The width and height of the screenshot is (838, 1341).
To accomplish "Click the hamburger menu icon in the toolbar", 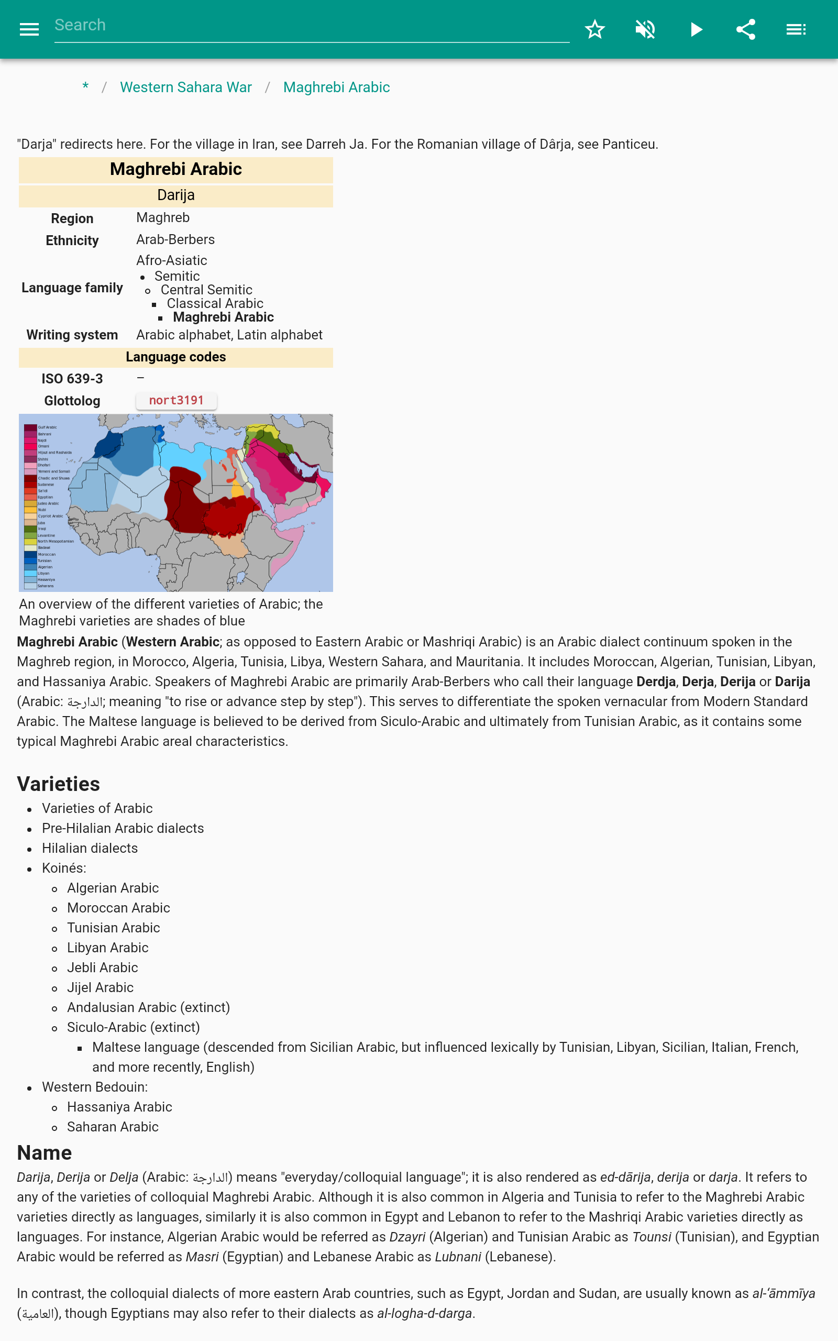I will pos(29,29).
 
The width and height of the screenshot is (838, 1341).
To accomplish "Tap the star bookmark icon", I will pos(594,29).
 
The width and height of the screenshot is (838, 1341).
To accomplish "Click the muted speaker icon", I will pos(645,29).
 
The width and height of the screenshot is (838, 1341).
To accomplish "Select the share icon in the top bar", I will pos(745,29).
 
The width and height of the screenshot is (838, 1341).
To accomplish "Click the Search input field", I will pos(311,26).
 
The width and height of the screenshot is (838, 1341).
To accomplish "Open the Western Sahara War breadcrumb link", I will pos(185,87).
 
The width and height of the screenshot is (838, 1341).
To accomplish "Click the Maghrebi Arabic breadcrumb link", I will pos(336,87).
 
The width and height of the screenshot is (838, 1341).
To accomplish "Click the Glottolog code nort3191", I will pos(177,400).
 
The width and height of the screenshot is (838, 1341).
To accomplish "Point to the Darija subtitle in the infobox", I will pos(175,195).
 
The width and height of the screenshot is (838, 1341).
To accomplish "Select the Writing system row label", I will pos(72,335).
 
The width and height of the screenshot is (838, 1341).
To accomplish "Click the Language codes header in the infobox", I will pos(175,357).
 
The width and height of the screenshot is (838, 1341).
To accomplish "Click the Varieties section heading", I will pos(59,784).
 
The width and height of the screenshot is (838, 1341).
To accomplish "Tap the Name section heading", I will pos(45,1152).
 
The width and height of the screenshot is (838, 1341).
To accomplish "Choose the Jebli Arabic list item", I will pos(103,968).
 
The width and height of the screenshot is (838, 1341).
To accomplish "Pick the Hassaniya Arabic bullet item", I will pos(120,1107).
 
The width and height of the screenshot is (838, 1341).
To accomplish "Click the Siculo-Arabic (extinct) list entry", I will pos(134,1027).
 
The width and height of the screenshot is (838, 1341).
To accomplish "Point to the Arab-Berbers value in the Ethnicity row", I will pos(175,239).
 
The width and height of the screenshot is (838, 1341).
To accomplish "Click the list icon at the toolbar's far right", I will pos(796,29).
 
